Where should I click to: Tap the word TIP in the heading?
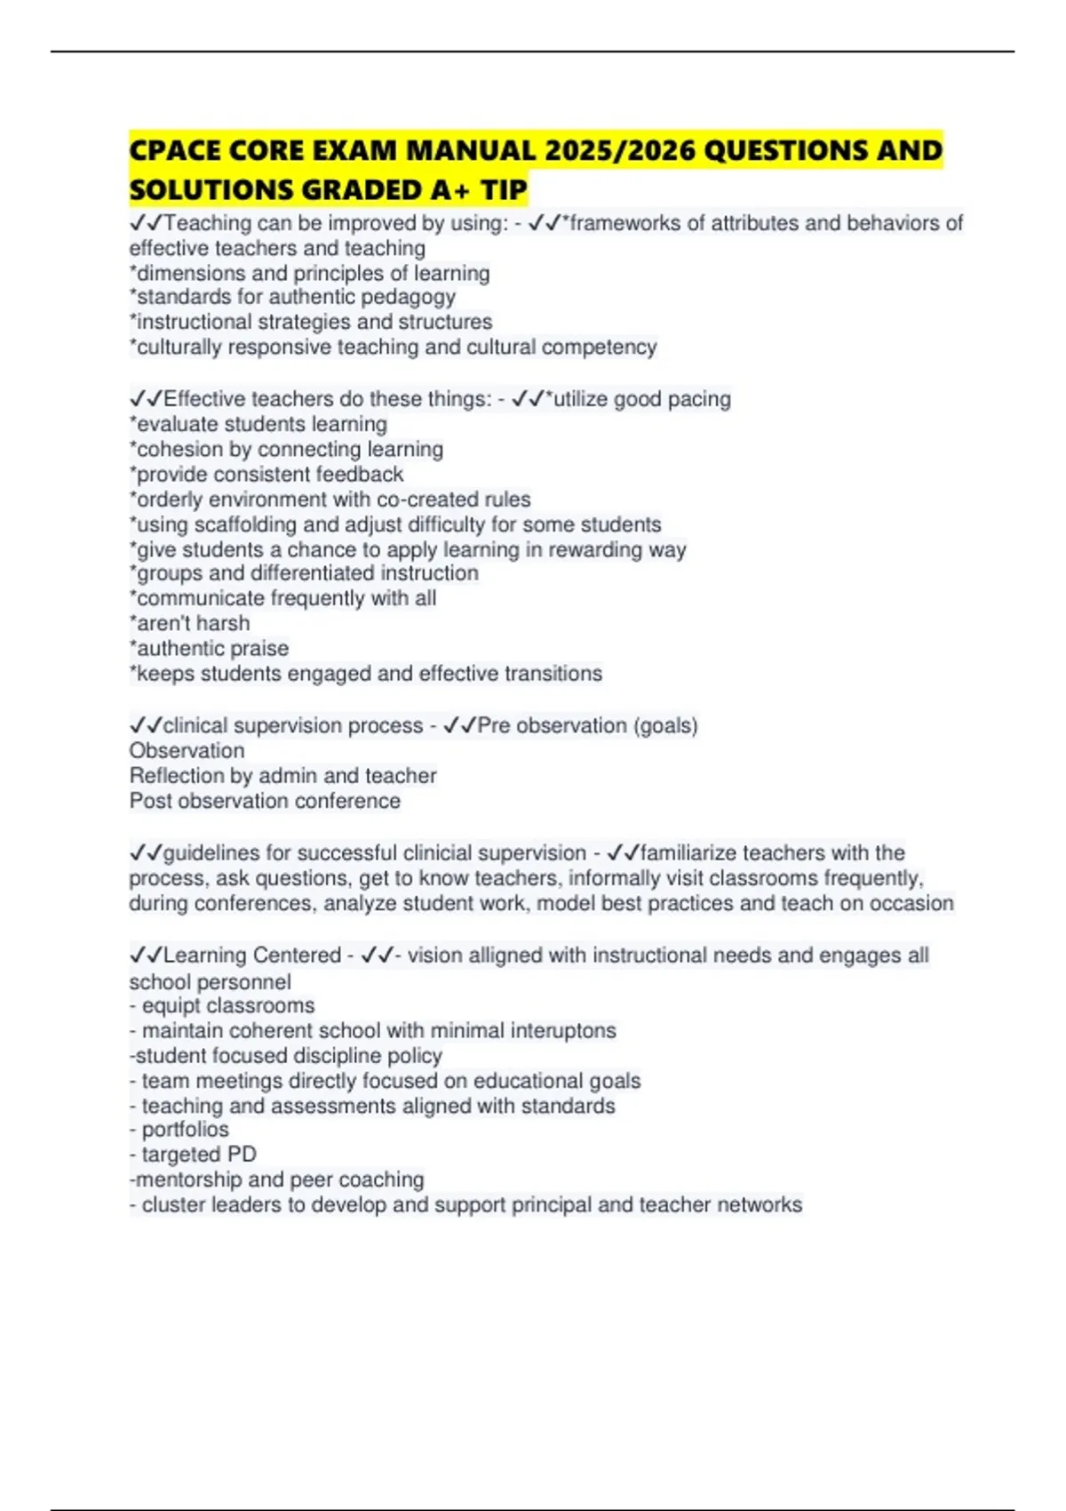coord(505,189)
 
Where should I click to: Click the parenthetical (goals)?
coord(664,725)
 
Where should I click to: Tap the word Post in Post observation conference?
coord(150,801)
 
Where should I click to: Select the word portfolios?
coord(185,1130)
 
